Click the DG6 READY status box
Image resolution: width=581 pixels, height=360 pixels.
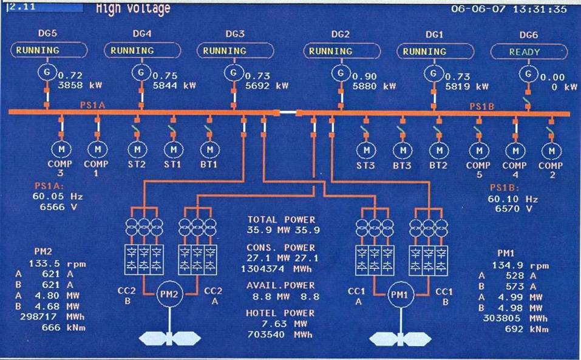[524, 52]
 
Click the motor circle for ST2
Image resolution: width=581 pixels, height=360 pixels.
[137, 149]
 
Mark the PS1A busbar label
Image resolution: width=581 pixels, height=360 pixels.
[92, 105]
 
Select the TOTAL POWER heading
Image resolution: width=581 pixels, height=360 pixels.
[281, 220]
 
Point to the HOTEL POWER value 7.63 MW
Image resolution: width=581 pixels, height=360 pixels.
[280, 324]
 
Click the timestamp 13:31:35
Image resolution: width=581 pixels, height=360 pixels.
[545, 9]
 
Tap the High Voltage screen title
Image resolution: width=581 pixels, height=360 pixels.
[133, 8]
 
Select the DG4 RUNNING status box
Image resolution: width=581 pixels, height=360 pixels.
[143, 50]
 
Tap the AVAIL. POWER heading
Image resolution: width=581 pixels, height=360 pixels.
[281, 285]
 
